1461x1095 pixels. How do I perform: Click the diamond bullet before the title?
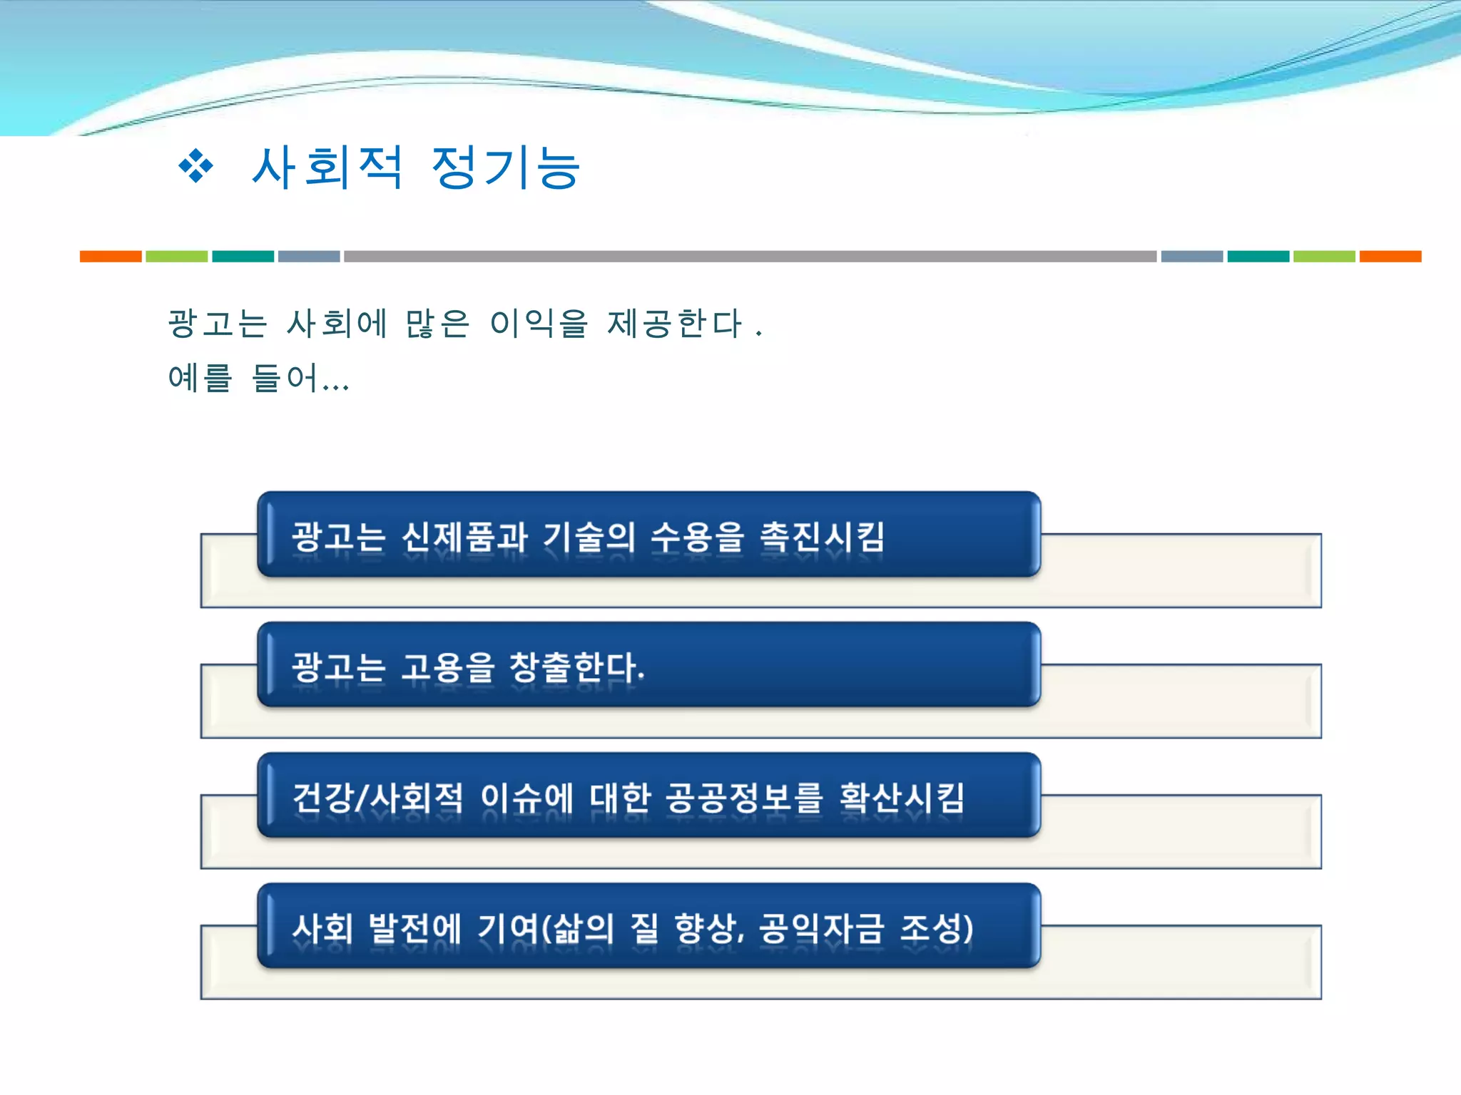tap(195, 167)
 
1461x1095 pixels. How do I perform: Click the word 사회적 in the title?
tap(327, 168)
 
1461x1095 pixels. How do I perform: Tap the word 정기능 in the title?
tap(506, 168)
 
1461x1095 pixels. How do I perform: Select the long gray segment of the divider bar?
tap(749, 257)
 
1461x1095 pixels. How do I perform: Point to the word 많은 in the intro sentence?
tap(437, 324)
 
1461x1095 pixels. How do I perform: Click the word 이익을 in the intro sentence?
tap(539, 324)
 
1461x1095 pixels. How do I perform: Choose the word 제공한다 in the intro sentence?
tap(675, 324)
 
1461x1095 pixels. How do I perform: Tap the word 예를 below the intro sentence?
tap(200, 378)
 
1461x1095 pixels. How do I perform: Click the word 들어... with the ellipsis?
tap(300, 378)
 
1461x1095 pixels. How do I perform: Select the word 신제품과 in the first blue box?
tap(464, 537)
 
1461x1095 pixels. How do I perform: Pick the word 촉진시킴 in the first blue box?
tap(823, 537)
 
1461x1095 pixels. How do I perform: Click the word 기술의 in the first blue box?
tap(589, 537)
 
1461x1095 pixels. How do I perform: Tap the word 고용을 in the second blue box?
tap(448, 667)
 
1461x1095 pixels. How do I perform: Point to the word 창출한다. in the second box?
tap(576, 667)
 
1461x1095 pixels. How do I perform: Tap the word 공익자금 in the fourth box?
tap(821, 928)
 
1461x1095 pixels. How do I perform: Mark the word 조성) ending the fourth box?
tap(937, 928)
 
